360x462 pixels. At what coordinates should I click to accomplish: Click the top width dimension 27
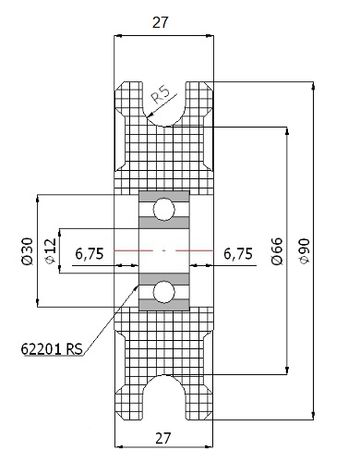(161, 22)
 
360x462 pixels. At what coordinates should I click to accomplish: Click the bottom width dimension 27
(162, 438)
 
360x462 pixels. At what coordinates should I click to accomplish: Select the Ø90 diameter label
(305, 251)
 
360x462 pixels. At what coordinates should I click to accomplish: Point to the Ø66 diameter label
(277, 251)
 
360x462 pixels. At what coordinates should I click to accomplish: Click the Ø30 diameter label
(27, 251)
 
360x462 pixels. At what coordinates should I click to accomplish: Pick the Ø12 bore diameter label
(51, 251)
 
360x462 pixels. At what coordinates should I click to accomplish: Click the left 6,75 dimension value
(90, 254)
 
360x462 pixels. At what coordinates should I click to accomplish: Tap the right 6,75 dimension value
(238, 254)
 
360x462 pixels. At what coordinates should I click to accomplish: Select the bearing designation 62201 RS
(52, 349)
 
